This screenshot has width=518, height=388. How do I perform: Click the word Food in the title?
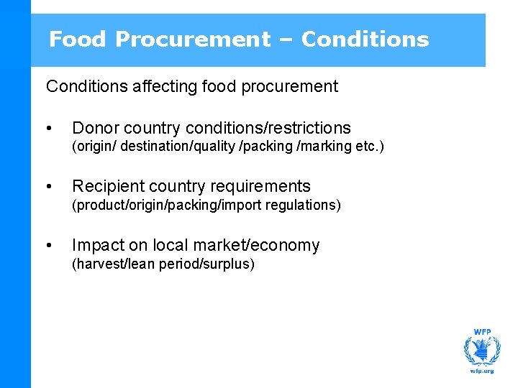[76, 40]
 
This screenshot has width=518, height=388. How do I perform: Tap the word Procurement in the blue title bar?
[192, 40]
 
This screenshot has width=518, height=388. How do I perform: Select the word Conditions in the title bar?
[365, 40]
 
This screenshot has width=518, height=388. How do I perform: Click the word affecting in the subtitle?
[159, 87]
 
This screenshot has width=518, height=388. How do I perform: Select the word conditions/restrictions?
[268, 129]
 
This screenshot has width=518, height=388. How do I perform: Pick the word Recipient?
[106, 187]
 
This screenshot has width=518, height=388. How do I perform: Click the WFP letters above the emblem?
[481, 332]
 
